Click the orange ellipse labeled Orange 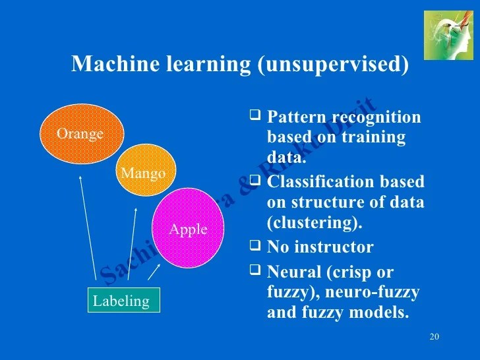pyautogui.click(x=80, y=135)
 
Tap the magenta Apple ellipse pyautogui.click(x=189, y=228)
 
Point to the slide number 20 pyautogui.click(x=434, y=338)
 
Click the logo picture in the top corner pyautogui.click(x=448, y=35)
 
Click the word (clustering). pyautogui.click(x=315, y=223)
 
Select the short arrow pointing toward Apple pyautogui.click(x=154, y=271)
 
